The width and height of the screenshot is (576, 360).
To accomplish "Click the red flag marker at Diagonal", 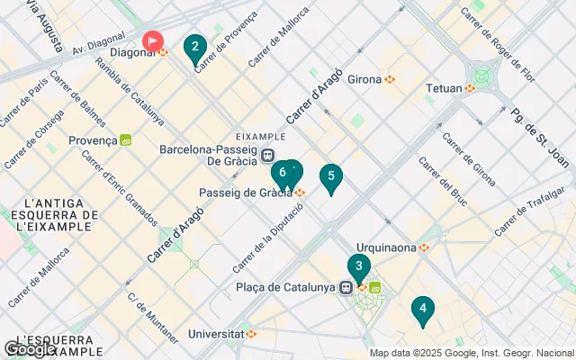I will pyautogui.click(x=154, y=41).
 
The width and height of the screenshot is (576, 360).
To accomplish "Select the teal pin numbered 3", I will pyautogui.click(x=358, y=267).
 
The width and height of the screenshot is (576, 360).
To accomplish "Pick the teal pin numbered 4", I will pyautogui.click(x=422, y=310).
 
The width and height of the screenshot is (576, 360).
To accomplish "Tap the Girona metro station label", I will pyautogui.click(x=364, y=79).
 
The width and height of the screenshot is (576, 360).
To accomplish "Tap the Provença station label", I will pyautogui.click(x=93, y=140).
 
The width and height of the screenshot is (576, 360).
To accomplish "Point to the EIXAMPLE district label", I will pyautogui.click(x=260, y=136).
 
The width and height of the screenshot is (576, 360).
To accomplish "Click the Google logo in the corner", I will pyautogui.click(x=30, y=349).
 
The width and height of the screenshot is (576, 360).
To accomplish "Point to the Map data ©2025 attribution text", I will pyautogui.click(x=471, y=353).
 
